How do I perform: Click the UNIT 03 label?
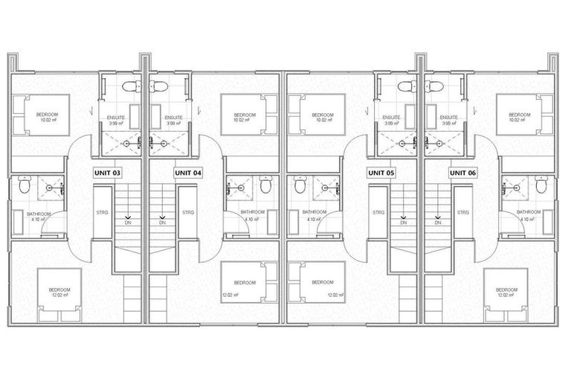107,173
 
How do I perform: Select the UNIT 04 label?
188,173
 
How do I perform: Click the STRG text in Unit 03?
103,213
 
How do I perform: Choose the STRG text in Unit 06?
462,213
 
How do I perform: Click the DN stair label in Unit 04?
162,222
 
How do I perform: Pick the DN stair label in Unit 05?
403,222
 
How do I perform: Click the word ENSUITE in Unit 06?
448,118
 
